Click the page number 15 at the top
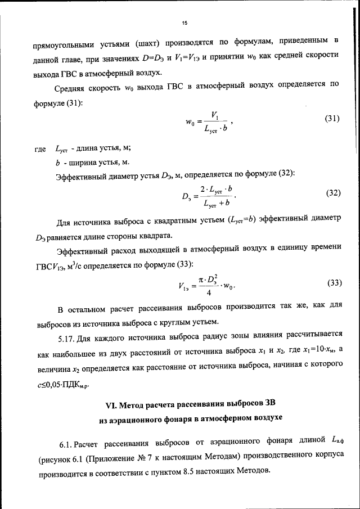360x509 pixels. click(x=184, y=23)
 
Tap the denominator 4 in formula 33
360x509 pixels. click(x=209, y=292)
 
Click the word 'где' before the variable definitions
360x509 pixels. click(x=40, y=149)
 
